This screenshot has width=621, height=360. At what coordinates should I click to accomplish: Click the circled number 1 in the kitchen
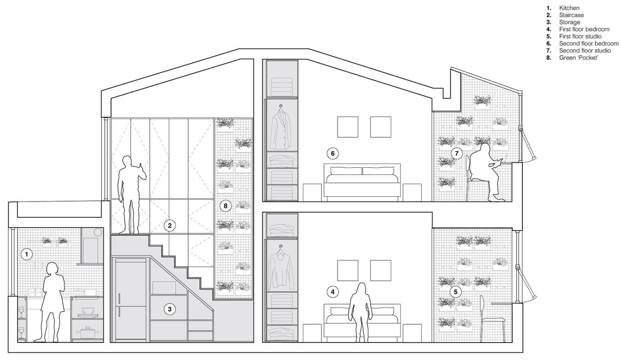(27, 254)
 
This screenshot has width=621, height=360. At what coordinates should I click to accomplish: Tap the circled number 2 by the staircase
(170, 226)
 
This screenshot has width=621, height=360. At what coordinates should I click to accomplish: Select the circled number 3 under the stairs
(170, 309)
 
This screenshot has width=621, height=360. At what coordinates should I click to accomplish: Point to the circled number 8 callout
(226, 206)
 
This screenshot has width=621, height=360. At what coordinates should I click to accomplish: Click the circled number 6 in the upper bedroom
(333, 154)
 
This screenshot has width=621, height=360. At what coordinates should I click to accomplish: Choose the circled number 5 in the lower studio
(456, 292)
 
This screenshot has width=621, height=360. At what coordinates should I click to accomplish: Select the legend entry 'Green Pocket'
(579, 58)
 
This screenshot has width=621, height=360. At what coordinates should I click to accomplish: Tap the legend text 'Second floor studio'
(585, 50)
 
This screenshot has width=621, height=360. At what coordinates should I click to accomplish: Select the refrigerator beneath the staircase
(131, 300)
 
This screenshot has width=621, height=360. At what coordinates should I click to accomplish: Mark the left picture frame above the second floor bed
(348, 127)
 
